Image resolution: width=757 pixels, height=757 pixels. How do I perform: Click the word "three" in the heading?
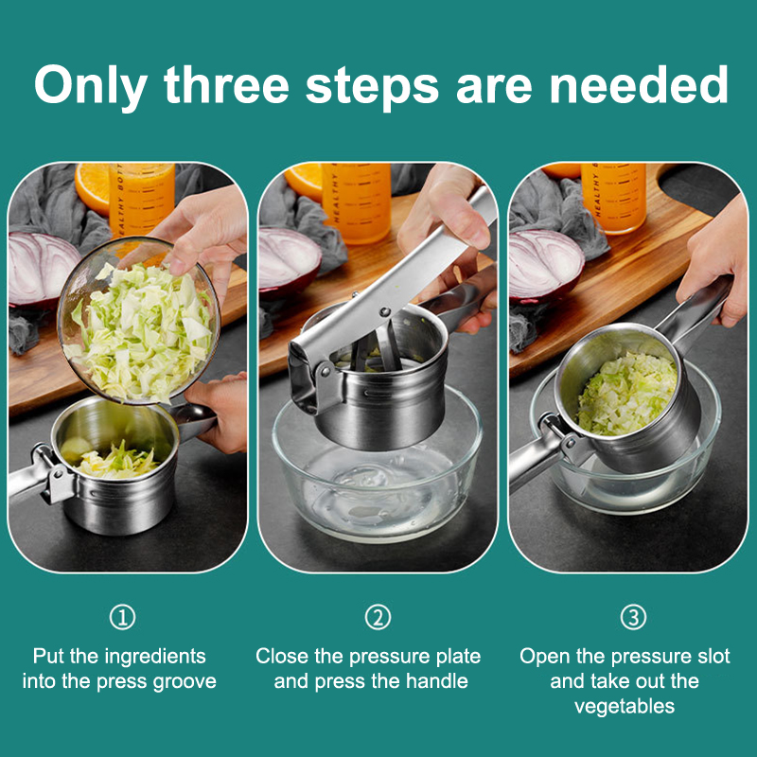click(x=226, y=85)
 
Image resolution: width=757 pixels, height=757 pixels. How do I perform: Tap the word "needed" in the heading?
click(x=638, y=85)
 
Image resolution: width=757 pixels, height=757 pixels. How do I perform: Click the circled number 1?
click(x=122, y=618)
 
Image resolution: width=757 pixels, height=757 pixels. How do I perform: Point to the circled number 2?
click(x=378, y=618)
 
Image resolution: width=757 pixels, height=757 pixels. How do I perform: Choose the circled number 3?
click(x=633, y=618)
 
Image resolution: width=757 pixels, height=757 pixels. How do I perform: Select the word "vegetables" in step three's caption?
click(x=625, y=707)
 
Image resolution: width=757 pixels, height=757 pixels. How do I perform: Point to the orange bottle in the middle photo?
click(x=357, y=202)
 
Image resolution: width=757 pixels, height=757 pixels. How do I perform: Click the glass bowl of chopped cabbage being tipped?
click(x=139, y=321)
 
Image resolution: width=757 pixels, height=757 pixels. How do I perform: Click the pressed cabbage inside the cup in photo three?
click(x=627, y=393)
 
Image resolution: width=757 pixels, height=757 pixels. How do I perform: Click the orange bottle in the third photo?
click(x=613, y=197)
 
